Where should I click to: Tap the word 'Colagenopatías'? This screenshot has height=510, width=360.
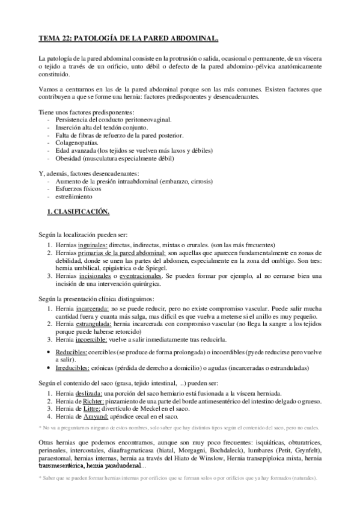pyautogui.click(x=76, y=143)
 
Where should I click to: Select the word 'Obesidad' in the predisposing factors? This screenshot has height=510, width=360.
pyautogui.click(x=68, y=159)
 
